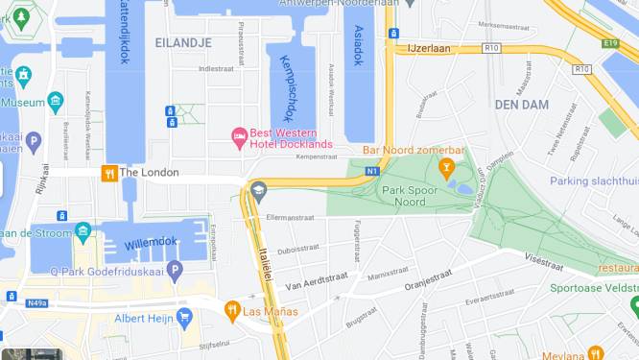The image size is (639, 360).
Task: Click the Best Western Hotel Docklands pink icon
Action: [x=238, y=138]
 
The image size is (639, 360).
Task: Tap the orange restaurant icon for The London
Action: [x=109, y=173]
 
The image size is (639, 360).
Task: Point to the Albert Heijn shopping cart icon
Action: [x=183, y=318]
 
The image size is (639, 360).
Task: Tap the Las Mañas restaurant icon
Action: [x=231, y=310]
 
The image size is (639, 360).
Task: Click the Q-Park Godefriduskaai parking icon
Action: [x=174, y=271]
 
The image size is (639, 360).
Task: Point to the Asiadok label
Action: [x=358, y=45]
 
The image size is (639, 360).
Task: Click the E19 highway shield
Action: [x=611, y=43]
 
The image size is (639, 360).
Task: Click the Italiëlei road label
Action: [x=269, y=259]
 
